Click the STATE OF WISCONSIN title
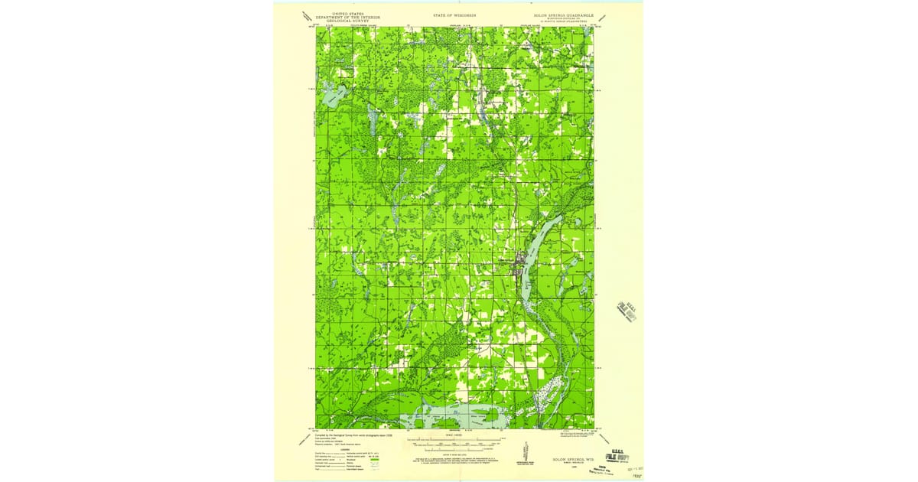tap(454, 15)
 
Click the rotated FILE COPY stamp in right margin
tap(627, 311)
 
